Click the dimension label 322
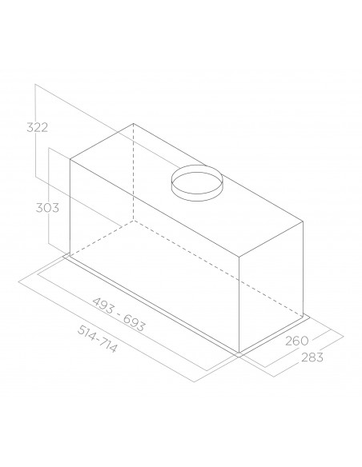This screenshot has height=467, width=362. point(38,127)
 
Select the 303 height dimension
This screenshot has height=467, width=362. point(47,208)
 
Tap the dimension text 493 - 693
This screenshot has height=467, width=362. point(119,314)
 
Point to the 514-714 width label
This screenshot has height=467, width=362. point(97,338)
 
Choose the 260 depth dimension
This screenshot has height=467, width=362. point(296,341)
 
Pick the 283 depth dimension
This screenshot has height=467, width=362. point(312,357)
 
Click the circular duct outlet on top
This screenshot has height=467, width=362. point(196,183)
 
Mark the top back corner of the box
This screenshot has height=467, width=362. point(133,123)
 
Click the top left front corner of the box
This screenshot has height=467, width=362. point(70,160)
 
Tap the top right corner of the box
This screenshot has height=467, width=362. point(303,222)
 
